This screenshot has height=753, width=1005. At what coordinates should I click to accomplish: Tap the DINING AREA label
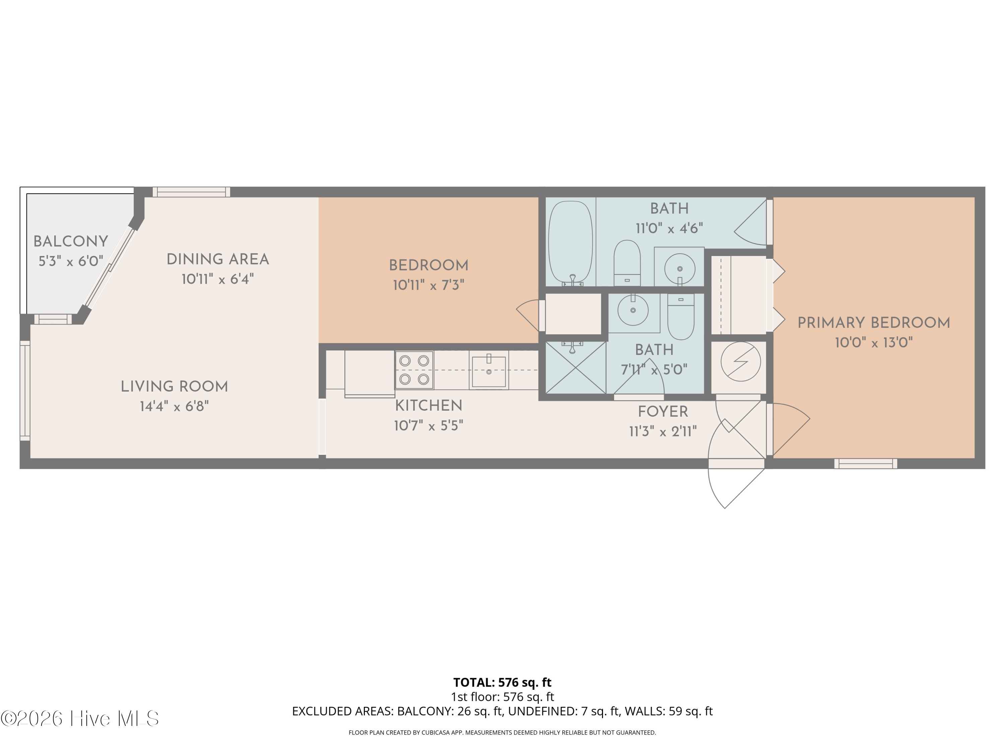[218, 260]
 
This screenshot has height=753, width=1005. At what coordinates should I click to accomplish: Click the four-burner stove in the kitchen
[414, 370]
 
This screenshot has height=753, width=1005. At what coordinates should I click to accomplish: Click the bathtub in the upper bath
[571, 243]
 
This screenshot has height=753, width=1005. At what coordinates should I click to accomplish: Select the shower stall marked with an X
[575, 368]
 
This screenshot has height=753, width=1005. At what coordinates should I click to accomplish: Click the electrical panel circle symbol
[741, 361]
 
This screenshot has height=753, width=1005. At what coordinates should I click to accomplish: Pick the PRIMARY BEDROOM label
[874, 323]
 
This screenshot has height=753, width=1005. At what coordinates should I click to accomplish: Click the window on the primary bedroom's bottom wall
[866, 464]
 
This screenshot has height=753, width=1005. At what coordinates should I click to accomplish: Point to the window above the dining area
[191, 192]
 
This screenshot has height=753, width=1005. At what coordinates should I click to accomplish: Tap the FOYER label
[663, 412]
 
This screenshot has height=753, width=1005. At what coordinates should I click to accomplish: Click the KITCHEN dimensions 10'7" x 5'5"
[428, 426]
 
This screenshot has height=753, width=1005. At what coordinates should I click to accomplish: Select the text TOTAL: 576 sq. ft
[502, 682]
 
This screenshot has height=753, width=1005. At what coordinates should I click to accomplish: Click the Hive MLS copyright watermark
[80, 719]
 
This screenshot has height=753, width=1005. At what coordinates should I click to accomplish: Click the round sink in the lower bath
[633, 311]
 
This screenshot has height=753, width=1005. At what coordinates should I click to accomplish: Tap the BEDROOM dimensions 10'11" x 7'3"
[428, 285]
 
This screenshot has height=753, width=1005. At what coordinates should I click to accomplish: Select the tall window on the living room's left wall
[25, 391]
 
